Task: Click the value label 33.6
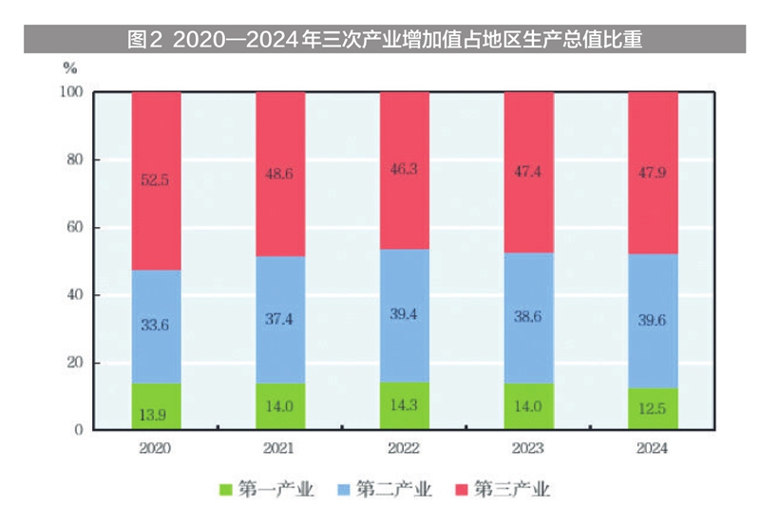tap(156, 325)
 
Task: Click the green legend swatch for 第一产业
tap(225, 489)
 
